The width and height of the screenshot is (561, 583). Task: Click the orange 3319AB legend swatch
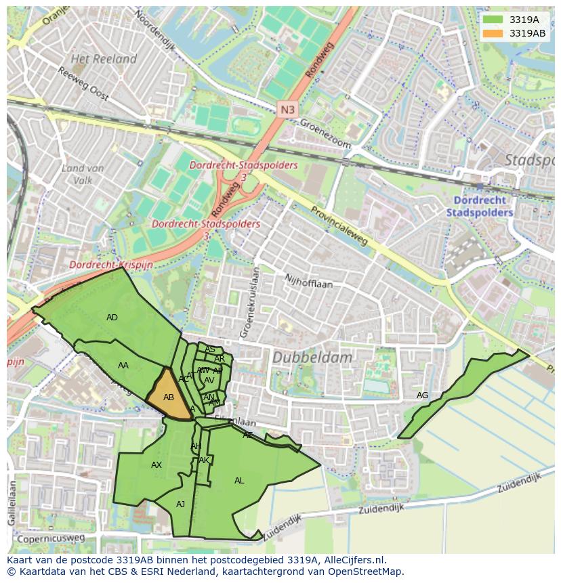click(493, 33)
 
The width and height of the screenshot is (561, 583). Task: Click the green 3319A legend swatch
click(493, 20)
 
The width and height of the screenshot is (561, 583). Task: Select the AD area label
click(112, 318)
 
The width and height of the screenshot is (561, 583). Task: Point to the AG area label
click(422, 395)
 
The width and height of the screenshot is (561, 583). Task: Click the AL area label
click(239, 481)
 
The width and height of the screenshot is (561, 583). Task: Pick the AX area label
click(157, 465)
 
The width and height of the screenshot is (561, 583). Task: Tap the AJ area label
click(180, 504)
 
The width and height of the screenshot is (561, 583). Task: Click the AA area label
click(123, 366)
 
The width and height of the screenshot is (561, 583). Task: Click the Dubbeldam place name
click(312, 358)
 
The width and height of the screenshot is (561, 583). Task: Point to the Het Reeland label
click(104, 60)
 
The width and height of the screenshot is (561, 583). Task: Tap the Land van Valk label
click(82, 174)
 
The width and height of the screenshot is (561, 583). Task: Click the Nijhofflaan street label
click(308, 282)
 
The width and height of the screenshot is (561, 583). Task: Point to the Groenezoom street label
click(326, 134)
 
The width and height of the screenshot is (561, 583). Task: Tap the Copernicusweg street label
click(51, 539)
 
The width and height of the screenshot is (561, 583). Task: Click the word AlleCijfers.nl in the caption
click(352, 560)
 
